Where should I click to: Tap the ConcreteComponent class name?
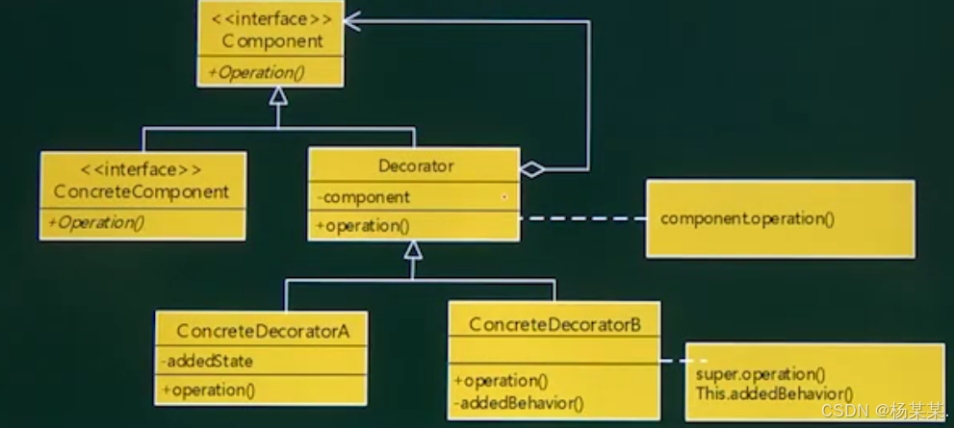(142, 191)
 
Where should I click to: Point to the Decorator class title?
(415, 166)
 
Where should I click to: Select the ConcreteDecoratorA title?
(260, 332)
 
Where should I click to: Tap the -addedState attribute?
(208, 362)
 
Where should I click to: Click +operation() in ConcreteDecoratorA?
(209, 390)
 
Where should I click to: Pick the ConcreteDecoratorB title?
(554, 325)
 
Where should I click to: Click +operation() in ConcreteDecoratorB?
(503, 380)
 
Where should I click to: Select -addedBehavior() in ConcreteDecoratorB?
(520, 402)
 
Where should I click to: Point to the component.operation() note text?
(747, 218)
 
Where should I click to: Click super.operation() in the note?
(760, 373)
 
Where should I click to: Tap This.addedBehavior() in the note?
(774, 392)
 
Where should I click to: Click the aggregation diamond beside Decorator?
(531, 170)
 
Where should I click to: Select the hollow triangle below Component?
(278, 95)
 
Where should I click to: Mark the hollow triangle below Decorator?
(413, 250)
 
